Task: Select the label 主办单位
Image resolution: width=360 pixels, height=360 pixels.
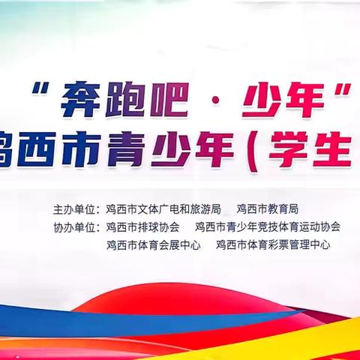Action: (76, 208)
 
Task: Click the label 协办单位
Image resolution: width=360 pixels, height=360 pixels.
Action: (76, 226)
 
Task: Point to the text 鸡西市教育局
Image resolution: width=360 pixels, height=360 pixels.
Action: (267, 208)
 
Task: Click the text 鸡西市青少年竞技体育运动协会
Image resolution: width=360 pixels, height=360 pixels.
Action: (267, 226)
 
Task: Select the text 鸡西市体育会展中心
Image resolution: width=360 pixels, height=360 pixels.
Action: (153, 244)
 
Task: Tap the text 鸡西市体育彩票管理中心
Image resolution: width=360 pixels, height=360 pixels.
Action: (273, 244)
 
